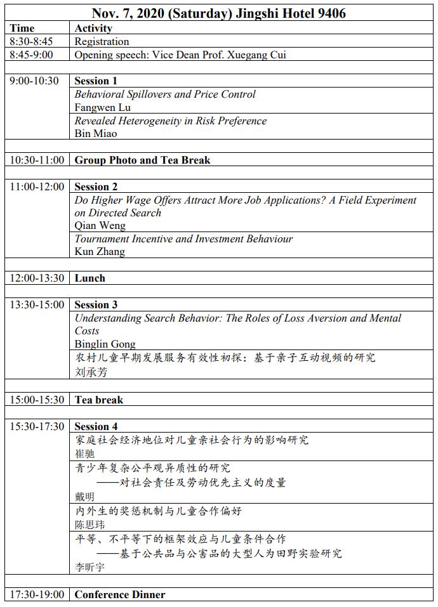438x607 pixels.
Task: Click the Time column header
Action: coord(22,28)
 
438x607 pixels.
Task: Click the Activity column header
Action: coord(93,28)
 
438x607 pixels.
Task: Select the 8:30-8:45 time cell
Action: coord(31,41)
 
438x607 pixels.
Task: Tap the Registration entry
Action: coord(102,41)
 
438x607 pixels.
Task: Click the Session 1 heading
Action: coord(96,81)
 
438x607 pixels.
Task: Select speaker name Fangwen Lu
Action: coord(103,107)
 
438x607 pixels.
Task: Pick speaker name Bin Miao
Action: coord(96,133)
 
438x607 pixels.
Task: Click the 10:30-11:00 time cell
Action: coord(37,160)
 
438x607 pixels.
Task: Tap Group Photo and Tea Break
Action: coord(142,160)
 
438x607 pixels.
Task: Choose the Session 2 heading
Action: coord(96,186)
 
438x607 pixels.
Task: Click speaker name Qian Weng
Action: coord(100,225)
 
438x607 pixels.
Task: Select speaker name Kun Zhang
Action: coord(100,251)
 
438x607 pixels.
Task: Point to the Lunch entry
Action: coord(90,278)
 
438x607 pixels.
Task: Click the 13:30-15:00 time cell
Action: coord(37,304)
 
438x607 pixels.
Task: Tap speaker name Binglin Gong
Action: coord(105,344)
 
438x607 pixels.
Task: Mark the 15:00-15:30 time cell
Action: coord(37,400)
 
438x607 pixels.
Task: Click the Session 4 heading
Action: coord(96,426)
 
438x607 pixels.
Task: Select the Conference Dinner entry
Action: coord(120,594)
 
